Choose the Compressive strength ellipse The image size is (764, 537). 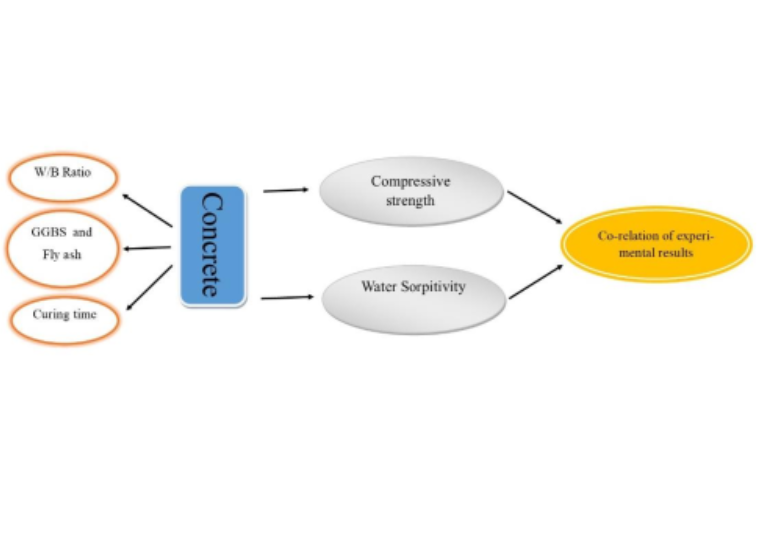tap(411, 191)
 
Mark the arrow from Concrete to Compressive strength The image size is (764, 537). tap(285, 191)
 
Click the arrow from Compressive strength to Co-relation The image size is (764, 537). tap(534, 207)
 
